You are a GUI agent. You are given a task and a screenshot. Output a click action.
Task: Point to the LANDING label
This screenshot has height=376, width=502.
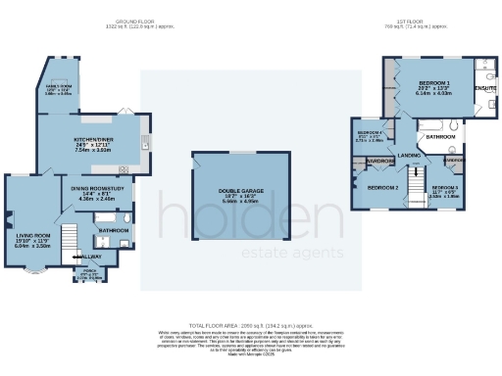click(409, 155)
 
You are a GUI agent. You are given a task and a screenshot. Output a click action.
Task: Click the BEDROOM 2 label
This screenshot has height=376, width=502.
click(382, 186)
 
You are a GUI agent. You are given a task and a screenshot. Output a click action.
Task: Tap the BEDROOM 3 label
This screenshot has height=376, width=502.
click(444, 186)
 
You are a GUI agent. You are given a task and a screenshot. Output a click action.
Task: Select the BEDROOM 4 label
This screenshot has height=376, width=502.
click(370, 132)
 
